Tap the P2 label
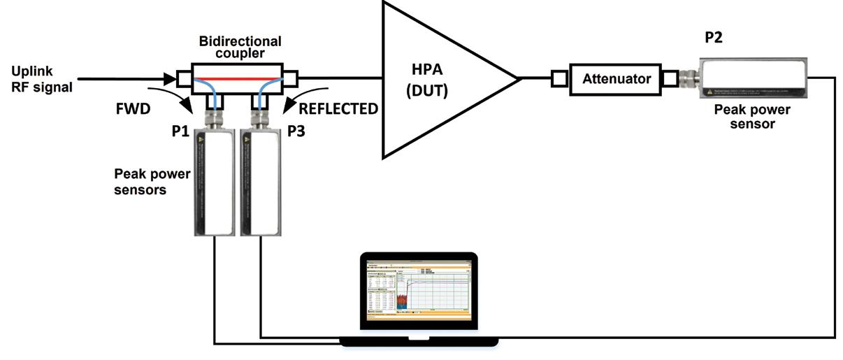pyautogui.click(x=714, y=38)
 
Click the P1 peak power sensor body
pyautogui.click(x=211, y=183)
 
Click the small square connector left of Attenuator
pyautogui.click(x=559, y=79)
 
